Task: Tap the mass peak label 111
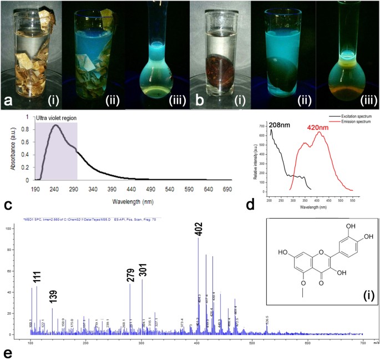pos(37,276)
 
